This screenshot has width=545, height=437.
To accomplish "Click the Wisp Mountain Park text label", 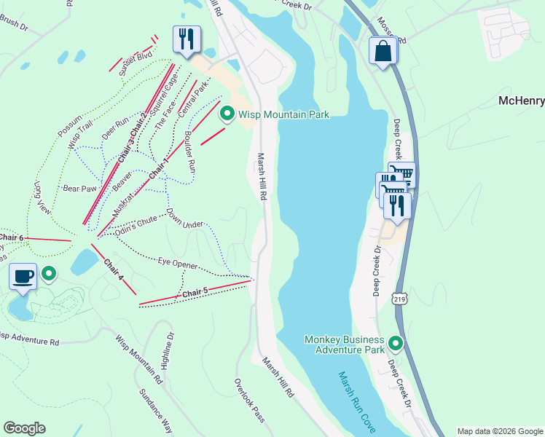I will pyautogui.click(x=284, y=114).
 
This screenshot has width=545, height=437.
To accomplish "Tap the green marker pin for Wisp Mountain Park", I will pyautogui.click(x=227, y=114).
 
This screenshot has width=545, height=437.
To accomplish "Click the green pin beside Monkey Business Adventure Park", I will pyautogui.click(x=396, y=342).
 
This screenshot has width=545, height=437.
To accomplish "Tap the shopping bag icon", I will pyautogui.click(x=383, y=52).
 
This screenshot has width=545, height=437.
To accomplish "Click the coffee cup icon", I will pyautogui.click(x=23, y=277).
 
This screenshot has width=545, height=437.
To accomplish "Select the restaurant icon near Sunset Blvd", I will pyautogui.click(x=187, y=39).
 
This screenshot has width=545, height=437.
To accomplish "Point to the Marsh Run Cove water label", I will pyautogui.click(x=357, y=401).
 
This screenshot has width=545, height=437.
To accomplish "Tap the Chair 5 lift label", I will pyautogui.click(x=195, y=293).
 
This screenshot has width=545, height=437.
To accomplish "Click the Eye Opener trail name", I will pyautogui.click(x=178, y=263).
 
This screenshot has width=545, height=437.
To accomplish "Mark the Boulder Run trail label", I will pyautogui.click(x=189, y=151).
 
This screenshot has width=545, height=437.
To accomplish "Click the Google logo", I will pyautogui.click(x=24, y=428).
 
